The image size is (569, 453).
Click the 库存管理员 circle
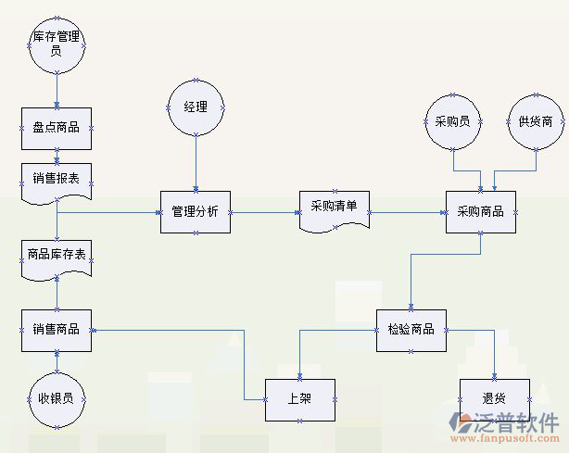coord(57,44)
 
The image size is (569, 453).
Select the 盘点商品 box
coord(57,129)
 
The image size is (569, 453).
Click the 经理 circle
coord(196,107)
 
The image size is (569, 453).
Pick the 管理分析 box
coord(196,211)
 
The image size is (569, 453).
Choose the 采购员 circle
coord(452,121)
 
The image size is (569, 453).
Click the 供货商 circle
coord(536,121)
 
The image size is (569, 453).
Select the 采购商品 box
coord(481,211)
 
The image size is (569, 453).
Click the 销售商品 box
coord(57,329)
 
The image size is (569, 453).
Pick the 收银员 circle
coord(57,399)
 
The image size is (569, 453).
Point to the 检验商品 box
coord(411,329)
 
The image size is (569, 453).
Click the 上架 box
coord(300,399)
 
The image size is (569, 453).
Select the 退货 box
coord(494,399)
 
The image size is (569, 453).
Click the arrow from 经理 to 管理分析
coord(196,162)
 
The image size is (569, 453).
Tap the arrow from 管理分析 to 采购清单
coord(263,211)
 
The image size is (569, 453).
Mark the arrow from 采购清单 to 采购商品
coord(408,211)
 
